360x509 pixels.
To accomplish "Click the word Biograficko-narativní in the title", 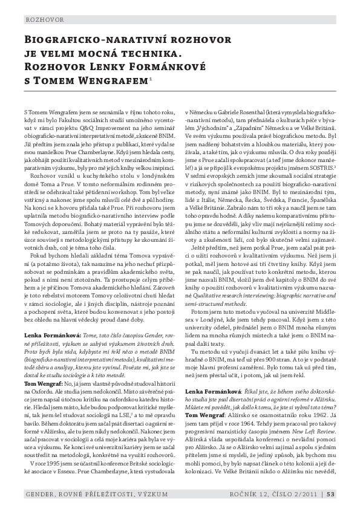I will (x=90, y=40).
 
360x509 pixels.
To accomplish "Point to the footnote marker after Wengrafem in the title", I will (x=150, y=77).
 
